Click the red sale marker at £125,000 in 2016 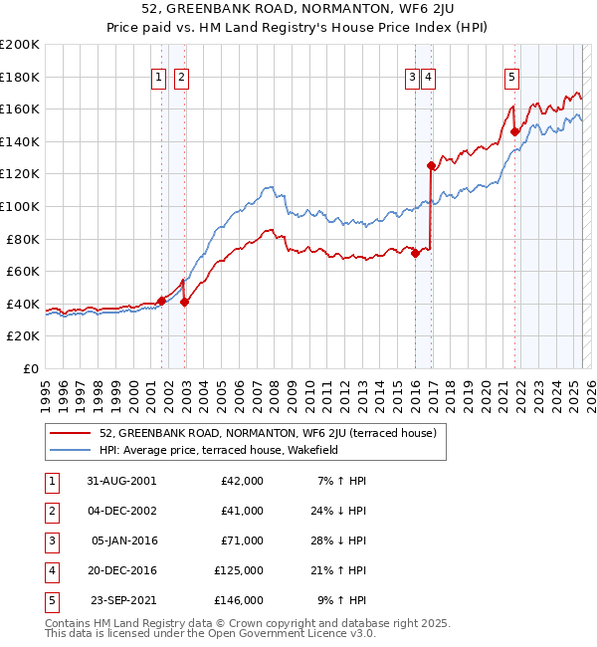(x=431, y=166)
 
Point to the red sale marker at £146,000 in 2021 (x=514, y=131)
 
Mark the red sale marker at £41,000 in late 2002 (x=184, y=303)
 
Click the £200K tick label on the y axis (x=19, y=45)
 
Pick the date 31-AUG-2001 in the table (x=121, y=481)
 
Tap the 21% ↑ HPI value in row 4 (x=340, y=570)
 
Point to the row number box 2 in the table (x=51, y=511)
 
